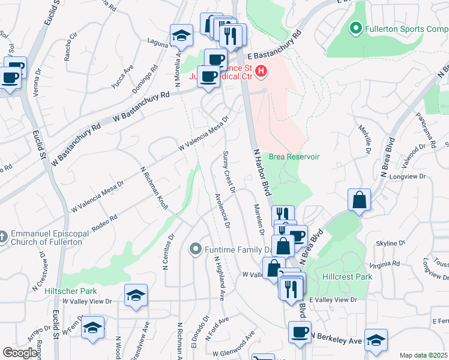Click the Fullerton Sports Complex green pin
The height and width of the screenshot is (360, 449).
click(355, 28)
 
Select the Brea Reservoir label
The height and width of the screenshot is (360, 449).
click(294, 157)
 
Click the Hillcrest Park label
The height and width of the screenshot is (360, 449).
click(347, 277)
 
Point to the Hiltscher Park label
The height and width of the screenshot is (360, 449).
click(71, 291)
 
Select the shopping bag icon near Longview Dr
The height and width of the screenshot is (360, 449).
click(359, 200)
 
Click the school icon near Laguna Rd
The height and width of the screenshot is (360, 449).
click(181, 35)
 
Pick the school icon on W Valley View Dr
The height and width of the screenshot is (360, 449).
click(136, 295)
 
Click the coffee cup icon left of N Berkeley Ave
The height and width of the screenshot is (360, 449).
click(300, 332)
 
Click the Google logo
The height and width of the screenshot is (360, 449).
click(20, 353)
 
